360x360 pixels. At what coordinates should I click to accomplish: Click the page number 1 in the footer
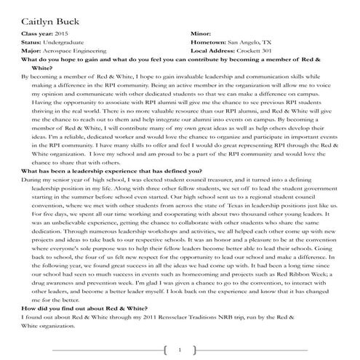coord(180,350)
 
